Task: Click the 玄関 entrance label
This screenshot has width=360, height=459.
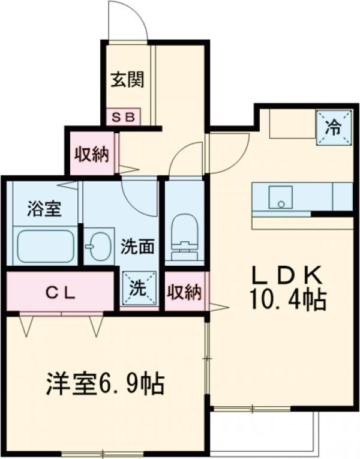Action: (127, 79)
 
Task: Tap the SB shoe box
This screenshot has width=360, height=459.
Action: (123, 117)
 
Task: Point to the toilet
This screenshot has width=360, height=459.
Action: (183, 236)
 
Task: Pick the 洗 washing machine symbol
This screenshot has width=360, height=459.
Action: (139, 289)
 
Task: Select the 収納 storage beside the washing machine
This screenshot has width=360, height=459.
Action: (184, 292)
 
